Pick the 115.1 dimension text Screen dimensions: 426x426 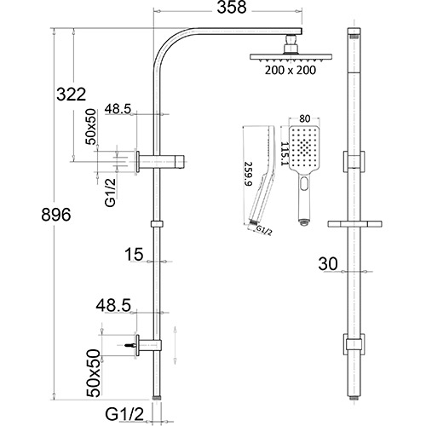coord(276,155)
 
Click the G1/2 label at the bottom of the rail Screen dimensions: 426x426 coord(124,415)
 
